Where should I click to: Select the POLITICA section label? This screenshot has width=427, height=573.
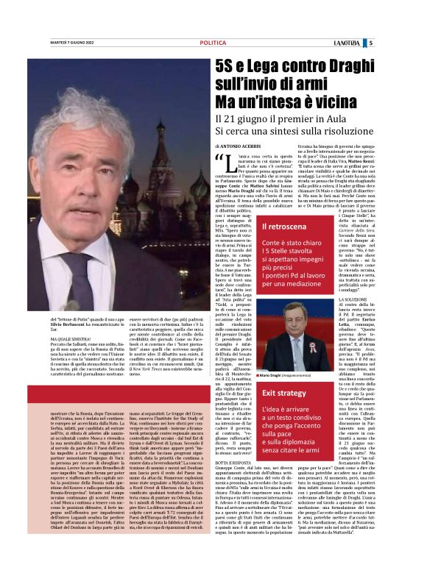213,43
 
